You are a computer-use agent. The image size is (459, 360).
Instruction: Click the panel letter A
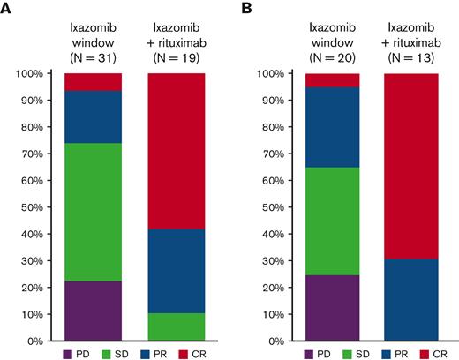pyautogui.click(x=6, y=9)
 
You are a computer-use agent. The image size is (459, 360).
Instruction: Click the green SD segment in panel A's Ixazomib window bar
pyautogui.click(x=93, y=212)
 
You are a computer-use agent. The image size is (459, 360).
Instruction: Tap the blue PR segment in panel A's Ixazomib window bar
pyautogui.click(x=93, y=116)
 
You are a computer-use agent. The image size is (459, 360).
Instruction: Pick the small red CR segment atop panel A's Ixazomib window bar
pyautogui.click(x=93, y=81)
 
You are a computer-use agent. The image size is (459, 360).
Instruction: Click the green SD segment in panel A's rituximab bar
pyautogui.click(x=176, y=326)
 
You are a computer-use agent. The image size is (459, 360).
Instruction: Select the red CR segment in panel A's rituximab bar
pyautogui.click(x=176, y=150)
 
